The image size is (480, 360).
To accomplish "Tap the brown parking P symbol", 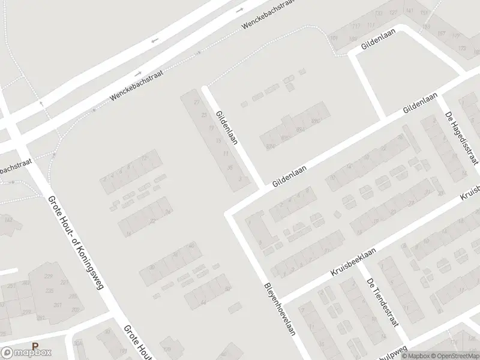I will [x=35, y=346].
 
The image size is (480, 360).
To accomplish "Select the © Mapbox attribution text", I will [x=413, y=355].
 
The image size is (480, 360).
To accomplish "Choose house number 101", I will [x=334, y=38].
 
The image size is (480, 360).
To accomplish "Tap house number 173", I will [x=461, y=47].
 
